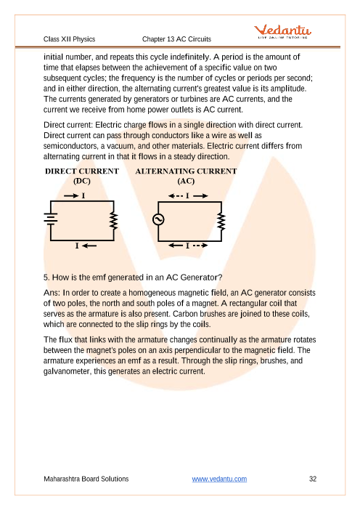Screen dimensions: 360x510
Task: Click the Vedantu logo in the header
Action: point(282,31)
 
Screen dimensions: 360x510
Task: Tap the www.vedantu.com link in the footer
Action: point(219,479)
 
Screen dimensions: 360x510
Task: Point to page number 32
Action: point(313,479)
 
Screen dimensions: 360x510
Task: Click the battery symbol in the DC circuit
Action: point(51,218)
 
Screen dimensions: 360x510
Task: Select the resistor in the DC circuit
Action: point(114,221)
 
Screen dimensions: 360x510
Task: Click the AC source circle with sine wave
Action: point(158,219)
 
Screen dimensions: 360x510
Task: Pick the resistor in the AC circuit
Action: point(221,222)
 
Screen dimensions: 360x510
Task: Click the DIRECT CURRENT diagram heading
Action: point(82,171)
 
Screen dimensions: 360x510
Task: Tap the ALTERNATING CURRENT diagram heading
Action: point(187,171)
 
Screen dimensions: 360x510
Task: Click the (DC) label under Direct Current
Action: point(82,181)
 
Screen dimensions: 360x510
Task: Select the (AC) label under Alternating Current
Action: point(186,181)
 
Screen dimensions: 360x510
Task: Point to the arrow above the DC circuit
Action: point(71,195)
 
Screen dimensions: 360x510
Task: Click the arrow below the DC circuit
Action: point(89,246)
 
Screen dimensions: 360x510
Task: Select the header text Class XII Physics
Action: point(69,39)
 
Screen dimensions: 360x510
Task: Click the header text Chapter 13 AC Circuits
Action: point(176,39)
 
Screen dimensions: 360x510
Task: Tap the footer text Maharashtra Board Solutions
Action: point(86,479)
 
